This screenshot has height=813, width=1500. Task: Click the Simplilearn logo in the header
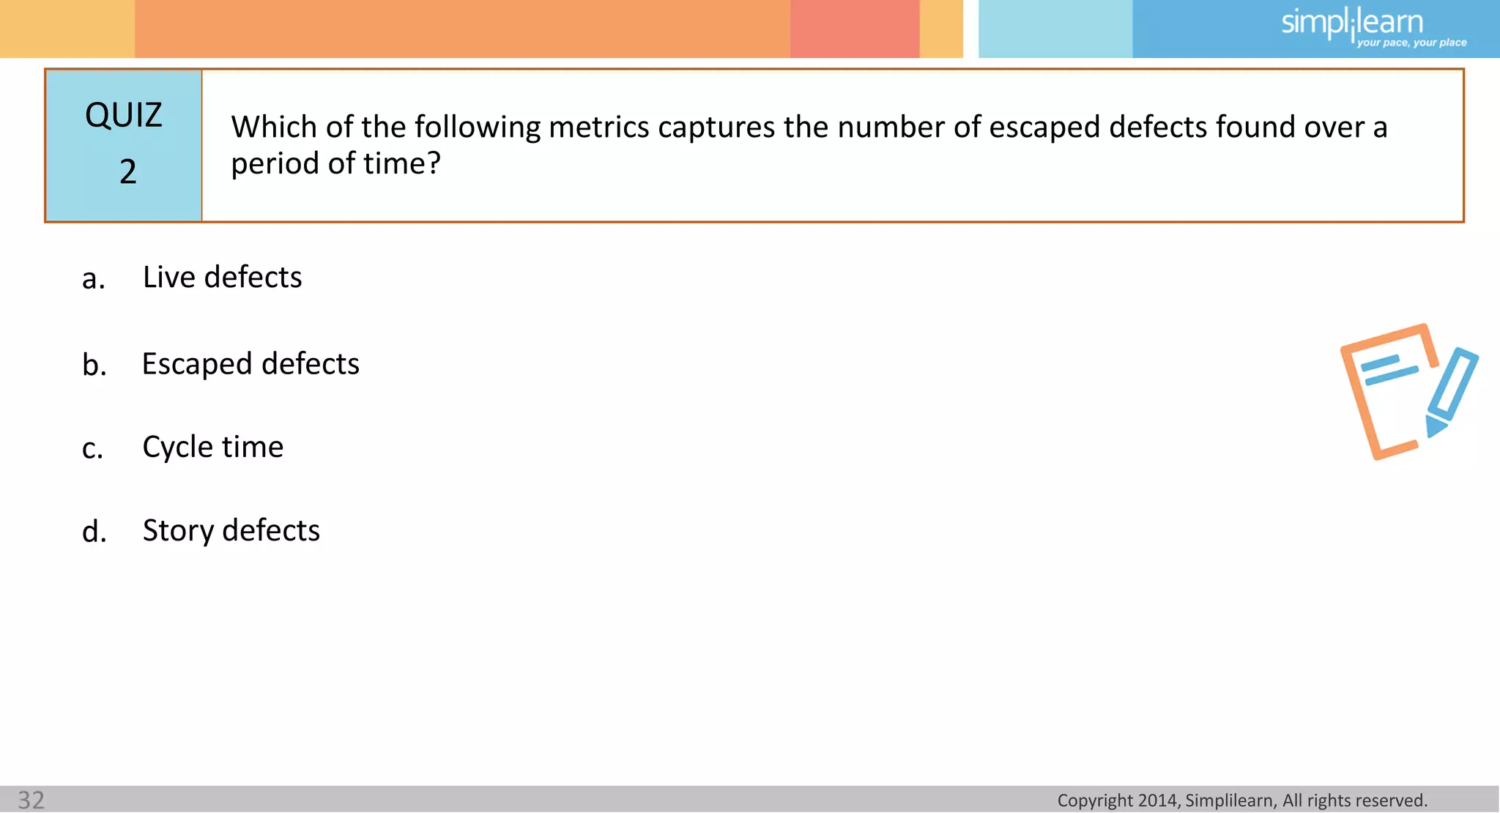(1351, 23)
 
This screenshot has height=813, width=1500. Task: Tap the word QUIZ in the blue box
(123, 116)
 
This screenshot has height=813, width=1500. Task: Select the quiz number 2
(128, 172)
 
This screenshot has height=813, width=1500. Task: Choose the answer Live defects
(222, 278)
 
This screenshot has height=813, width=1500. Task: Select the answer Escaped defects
(250, 364)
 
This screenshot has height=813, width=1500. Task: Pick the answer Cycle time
(212, 447)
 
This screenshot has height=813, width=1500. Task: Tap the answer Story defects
(231, 530)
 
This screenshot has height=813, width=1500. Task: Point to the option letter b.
(94, 365)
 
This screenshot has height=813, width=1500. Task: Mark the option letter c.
(92, 449)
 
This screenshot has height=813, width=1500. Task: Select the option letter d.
(94, 532)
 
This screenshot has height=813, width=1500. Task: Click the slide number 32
(31, 800)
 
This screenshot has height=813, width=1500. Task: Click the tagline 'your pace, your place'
(1411, 43)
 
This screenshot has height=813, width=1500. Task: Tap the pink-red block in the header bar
(854, 29)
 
